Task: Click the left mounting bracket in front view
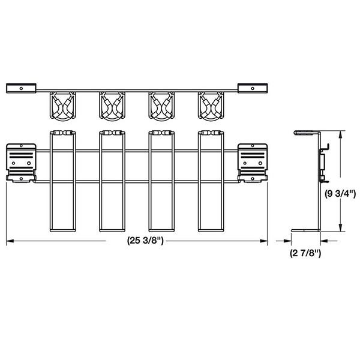click(x=20, y=162)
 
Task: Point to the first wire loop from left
click(x=62, y=180)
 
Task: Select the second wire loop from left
click(x=112, y=180)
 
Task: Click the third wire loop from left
click(x=162, y=180)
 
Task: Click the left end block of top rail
click(x=21, y=89)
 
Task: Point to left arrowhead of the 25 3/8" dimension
click(x=9, y=242)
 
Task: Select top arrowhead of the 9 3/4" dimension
click(x=341, y=134)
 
